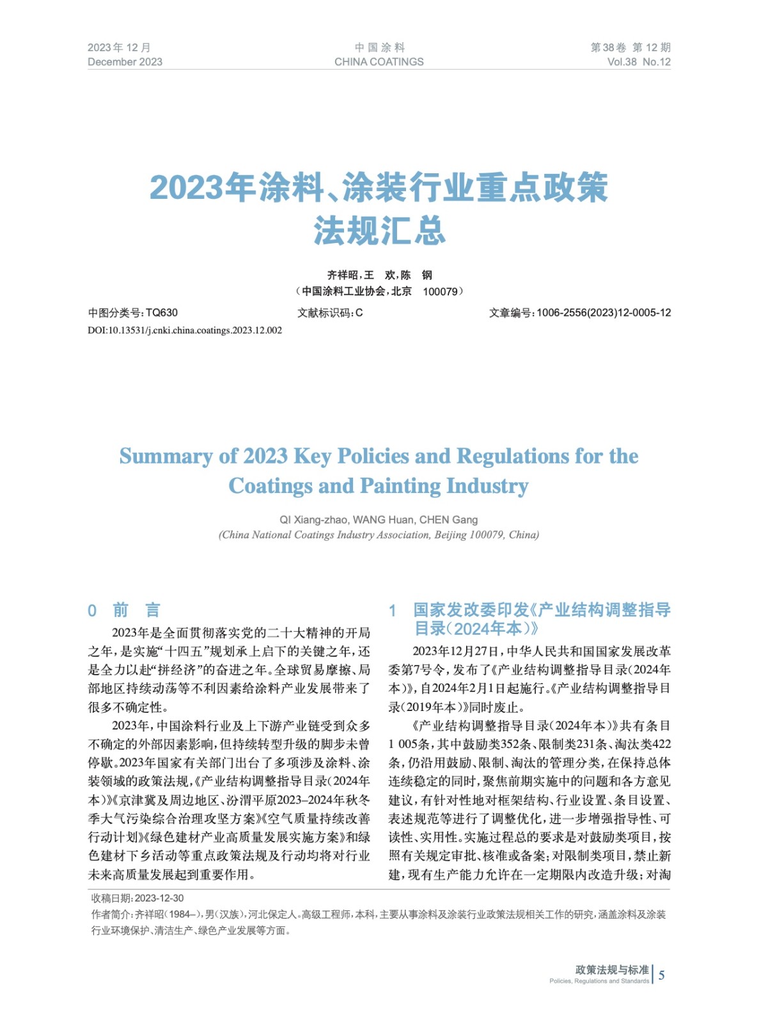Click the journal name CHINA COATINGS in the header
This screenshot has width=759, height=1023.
pyautogui.click(x=379, y=62)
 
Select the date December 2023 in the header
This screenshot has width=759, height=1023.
pyautogui.click(x=125, y=62)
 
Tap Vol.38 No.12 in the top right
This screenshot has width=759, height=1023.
pyautogui.click(x=638, y=62)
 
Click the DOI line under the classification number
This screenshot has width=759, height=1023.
pyautogui.click(x=184, y=331)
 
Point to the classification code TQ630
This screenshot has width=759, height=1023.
pyautogui.click(x=162, y=313)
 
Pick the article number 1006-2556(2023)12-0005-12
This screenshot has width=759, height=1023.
pyautogui.click(x=604, y=313)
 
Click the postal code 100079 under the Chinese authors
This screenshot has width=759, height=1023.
pyautogui.click(x=441, y=292)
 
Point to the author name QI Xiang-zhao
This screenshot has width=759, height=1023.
pyautogui.click(x=313, y=520)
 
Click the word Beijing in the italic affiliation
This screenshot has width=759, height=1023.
pyautogui.click(x=450, y=535)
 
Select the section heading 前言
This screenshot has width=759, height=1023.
pyautogui.click(x=136, y=610)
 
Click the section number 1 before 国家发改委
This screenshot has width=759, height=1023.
pyautogui.click(x=393, y=611)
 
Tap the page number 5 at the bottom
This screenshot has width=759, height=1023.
pyautogui.click(x=661, y=975)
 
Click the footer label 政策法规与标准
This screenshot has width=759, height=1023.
pyautogui.click(x=611, y=970)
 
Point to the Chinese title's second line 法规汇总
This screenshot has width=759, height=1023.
pyautogui.click(x=379, y=231)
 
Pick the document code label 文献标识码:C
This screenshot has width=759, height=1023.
pyautogui.click(x=330, y=313)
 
